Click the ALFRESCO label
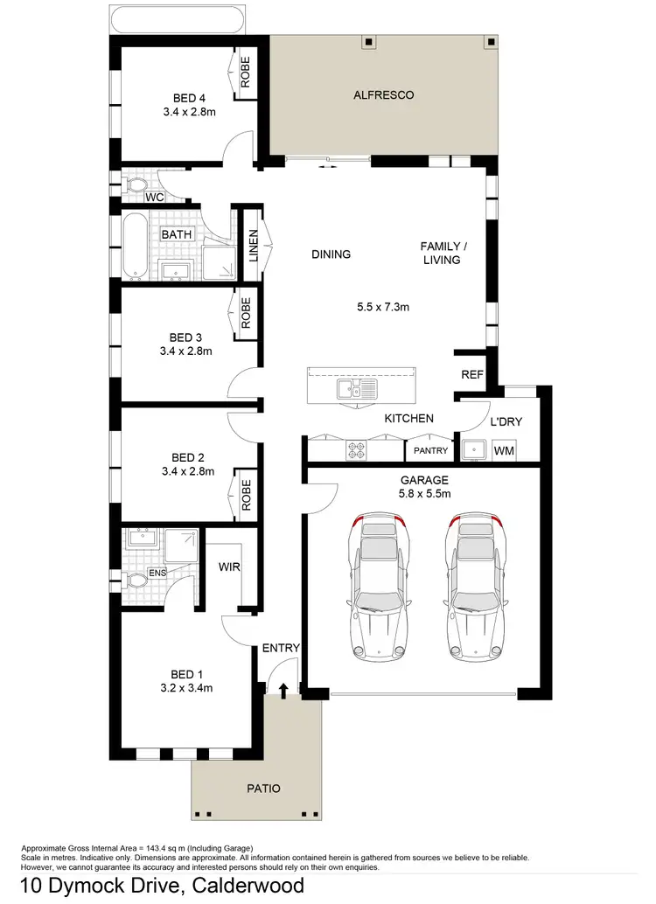pos(383,94)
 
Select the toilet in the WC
pos(136,186)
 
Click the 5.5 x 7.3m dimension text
pos(383,307)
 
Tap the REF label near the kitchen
pos(472,375)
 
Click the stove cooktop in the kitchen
pos(358,449)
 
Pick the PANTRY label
pos(430,451)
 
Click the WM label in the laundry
pos(504,450)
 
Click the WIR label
pos(229,567)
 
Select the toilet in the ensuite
pos(136,580)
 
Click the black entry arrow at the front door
pos(283,691)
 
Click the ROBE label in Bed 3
pos(246,312)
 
